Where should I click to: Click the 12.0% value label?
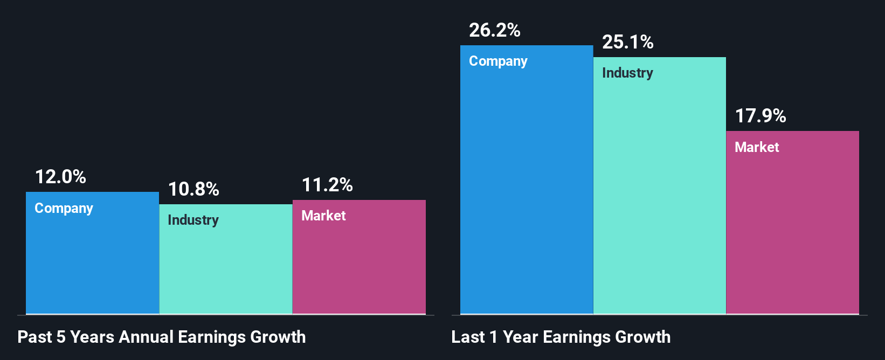pos(60,177)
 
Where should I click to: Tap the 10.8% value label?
pos(193,189)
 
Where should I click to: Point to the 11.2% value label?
pos(327,185)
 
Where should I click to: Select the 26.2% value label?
pos(495,30)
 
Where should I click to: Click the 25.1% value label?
pos(628,42)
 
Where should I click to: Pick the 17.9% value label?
pos(760,116)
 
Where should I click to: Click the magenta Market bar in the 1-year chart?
pos(792,232)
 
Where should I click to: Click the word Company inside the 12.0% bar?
pos(64,208)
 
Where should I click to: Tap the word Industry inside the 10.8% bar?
pos(193,220)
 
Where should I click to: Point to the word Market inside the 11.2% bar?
pos(323,216)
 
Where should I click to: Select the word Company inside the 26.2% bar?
pos(498,61)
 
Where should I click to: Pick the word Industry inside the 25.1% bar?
pos(627,73)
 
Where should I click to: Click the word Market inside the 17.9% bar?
pos(757,147)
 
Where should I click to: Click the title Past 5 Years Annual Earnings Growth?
pos(162,337)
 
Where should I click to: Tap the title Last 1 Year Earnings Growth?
pos(561,337)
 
